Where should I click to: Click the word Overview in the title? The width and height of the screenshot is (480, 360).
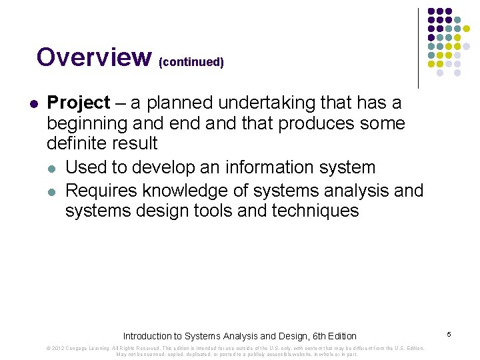(x=94, y=57)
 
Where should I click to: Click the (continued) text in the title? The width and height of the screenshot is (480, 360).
(x=191, y=62)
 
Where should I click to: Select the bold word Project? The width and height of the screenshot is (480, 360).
(x=78, y=103)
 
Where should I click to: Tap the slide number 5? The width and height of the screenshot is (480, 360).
(x=449, y=333)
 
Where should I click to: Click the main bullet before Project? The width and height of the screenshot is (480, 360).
(x=34, y=104)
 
